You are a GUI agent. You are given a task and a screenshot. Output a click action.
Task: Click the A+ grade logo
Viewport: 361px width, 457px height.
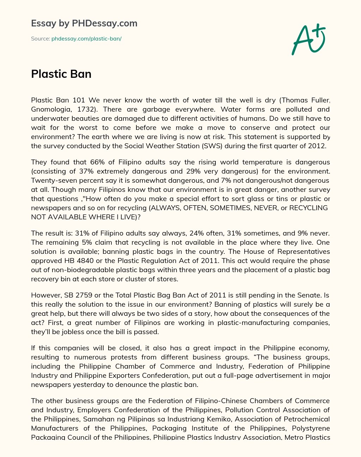[x=308, y=39]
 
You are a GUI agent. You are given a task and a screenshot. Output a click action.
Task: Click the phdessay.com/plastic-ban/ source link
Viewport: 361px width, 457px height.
[x=86, y=39]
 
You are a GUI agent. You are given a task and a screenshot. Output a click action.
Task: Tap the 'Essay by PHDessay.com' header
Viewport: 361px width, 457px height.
[x=84, y=23]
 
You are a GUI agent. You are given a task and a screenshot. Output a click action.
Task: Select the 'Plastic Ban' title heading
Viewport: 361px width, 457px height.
[x=61, y=74]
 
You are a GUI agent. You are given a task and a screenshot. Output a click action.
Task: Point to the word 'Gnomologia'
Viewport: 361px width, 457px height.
[x=51, y=109]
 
